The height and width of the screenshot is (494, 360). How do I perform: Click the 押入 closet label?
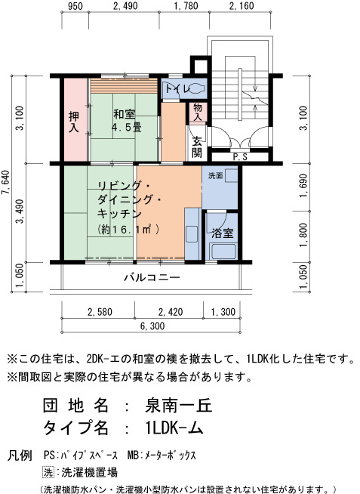point(74,122)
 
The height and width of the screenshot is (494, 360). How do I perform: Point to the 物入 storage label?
point(198,112)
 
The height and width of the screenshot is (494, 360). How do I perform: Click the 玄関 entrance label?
point(197,147)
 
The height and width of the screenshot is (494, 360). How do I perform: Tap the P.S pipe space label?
point(240,157)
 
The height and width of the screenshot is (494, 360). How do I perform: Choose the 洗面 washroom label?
point(215,176)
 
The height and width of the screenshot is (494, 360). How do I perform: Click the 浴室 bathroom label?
point(223,233)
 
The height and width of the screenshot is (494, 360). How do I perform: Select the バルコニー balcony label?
point(152,277)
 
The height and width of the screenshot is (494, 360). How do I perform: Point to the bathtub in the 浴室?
point(223,251)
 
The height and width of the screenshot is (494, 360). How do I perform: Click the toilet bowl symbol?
point(197,88)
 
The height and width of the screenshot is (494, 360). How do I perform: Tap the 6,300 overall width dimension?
point(152,326)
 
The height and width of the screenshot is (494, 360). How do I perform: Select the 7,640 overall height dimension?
point(5,182)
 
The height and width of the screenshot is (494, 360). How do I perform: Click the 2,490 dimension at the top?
point(125,6)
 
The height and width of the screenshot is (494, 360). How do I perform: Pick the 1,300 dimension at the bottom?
point(223,312)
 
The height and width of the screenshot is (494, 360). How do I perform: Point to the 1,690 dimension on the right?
point(303,186)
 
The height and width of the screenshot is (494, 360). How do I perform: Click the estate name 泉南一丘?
point(178,406)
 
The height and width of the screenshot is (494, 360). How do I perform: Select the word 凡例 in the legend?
point(20,455)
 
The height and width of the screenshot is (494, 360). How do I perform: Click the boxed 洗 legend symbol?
point(48,472)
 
